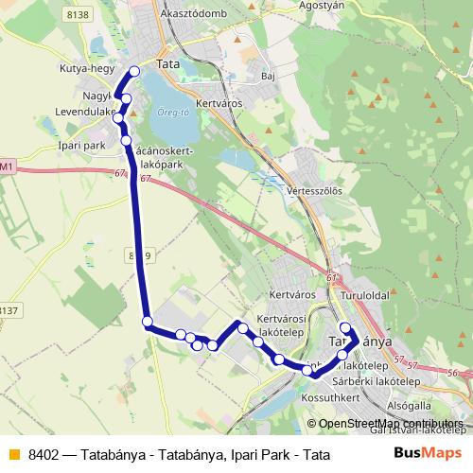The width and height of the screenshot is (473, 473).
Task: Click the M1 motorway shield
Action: pyautogui.click(x=8, y=166)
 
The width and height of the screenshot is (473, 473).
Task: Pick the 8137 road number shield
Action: pyautogui.click(x=9, y=309)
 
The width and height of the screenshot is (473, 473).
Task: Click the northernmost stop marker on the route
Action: pyautogui.click(x=133, y=71)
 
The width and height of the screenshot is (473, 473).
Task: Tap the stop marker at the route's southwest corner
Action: pyautogui.click(x=148, y=323)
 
